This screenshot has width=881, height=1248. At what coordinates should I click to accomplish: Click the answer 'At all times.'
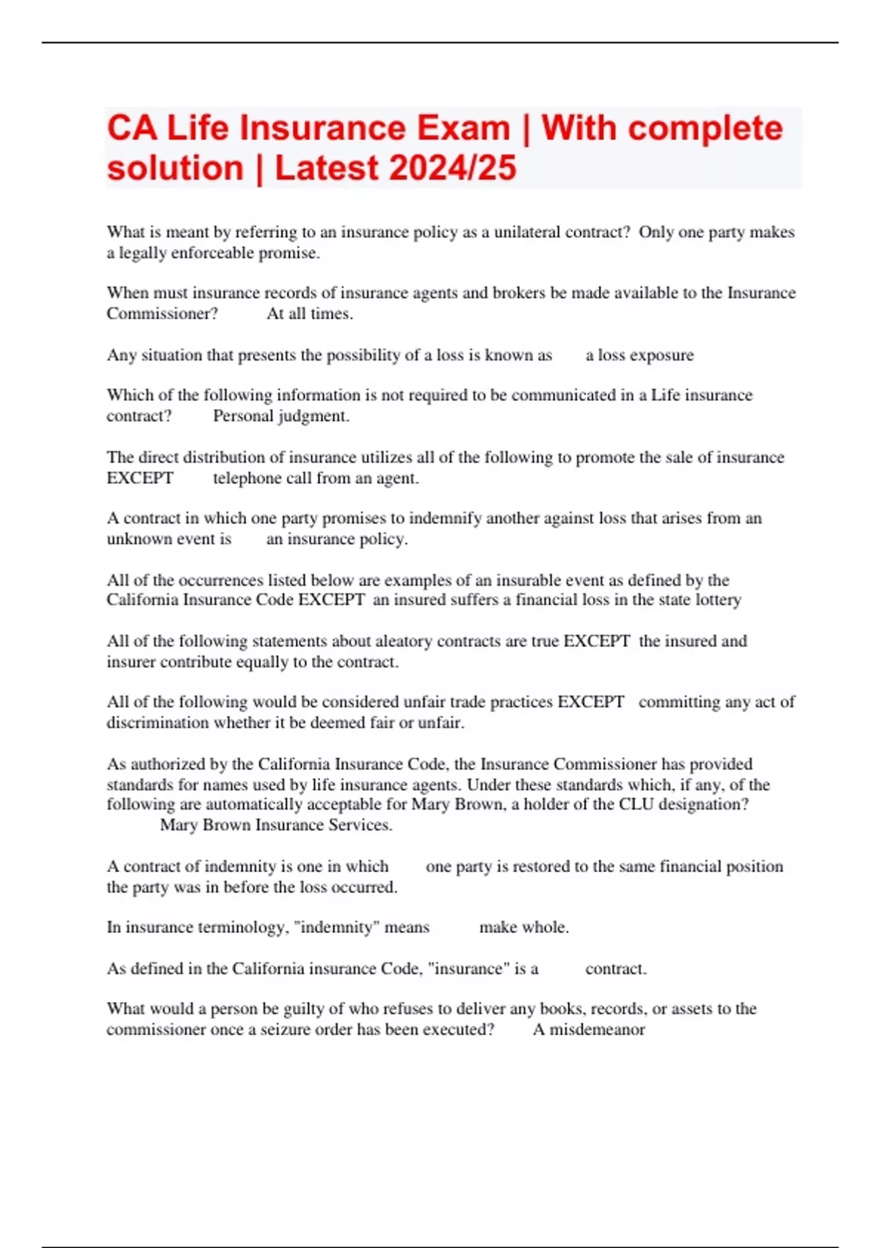(310, 314)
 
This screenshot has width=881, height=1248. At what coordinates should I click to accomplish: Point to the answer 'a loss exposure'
(639, 355)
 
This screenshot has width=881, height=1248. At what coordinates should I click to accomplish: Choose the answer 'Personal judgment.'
(281, 416)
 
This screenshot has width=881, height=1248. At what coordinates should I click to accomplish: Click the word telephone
(247, 479)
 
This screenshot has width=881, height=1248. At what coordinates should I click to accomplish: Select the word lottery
(717, 600)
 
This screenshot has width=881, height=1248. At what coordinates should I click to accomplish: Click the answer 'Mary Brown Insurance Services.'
(276, 825)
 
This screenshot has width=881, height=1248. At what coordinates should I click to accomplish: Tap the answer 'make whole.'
(523, 927)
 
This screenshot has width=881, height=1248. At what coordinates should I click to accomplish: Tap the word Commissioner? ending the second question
(162, 314)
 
